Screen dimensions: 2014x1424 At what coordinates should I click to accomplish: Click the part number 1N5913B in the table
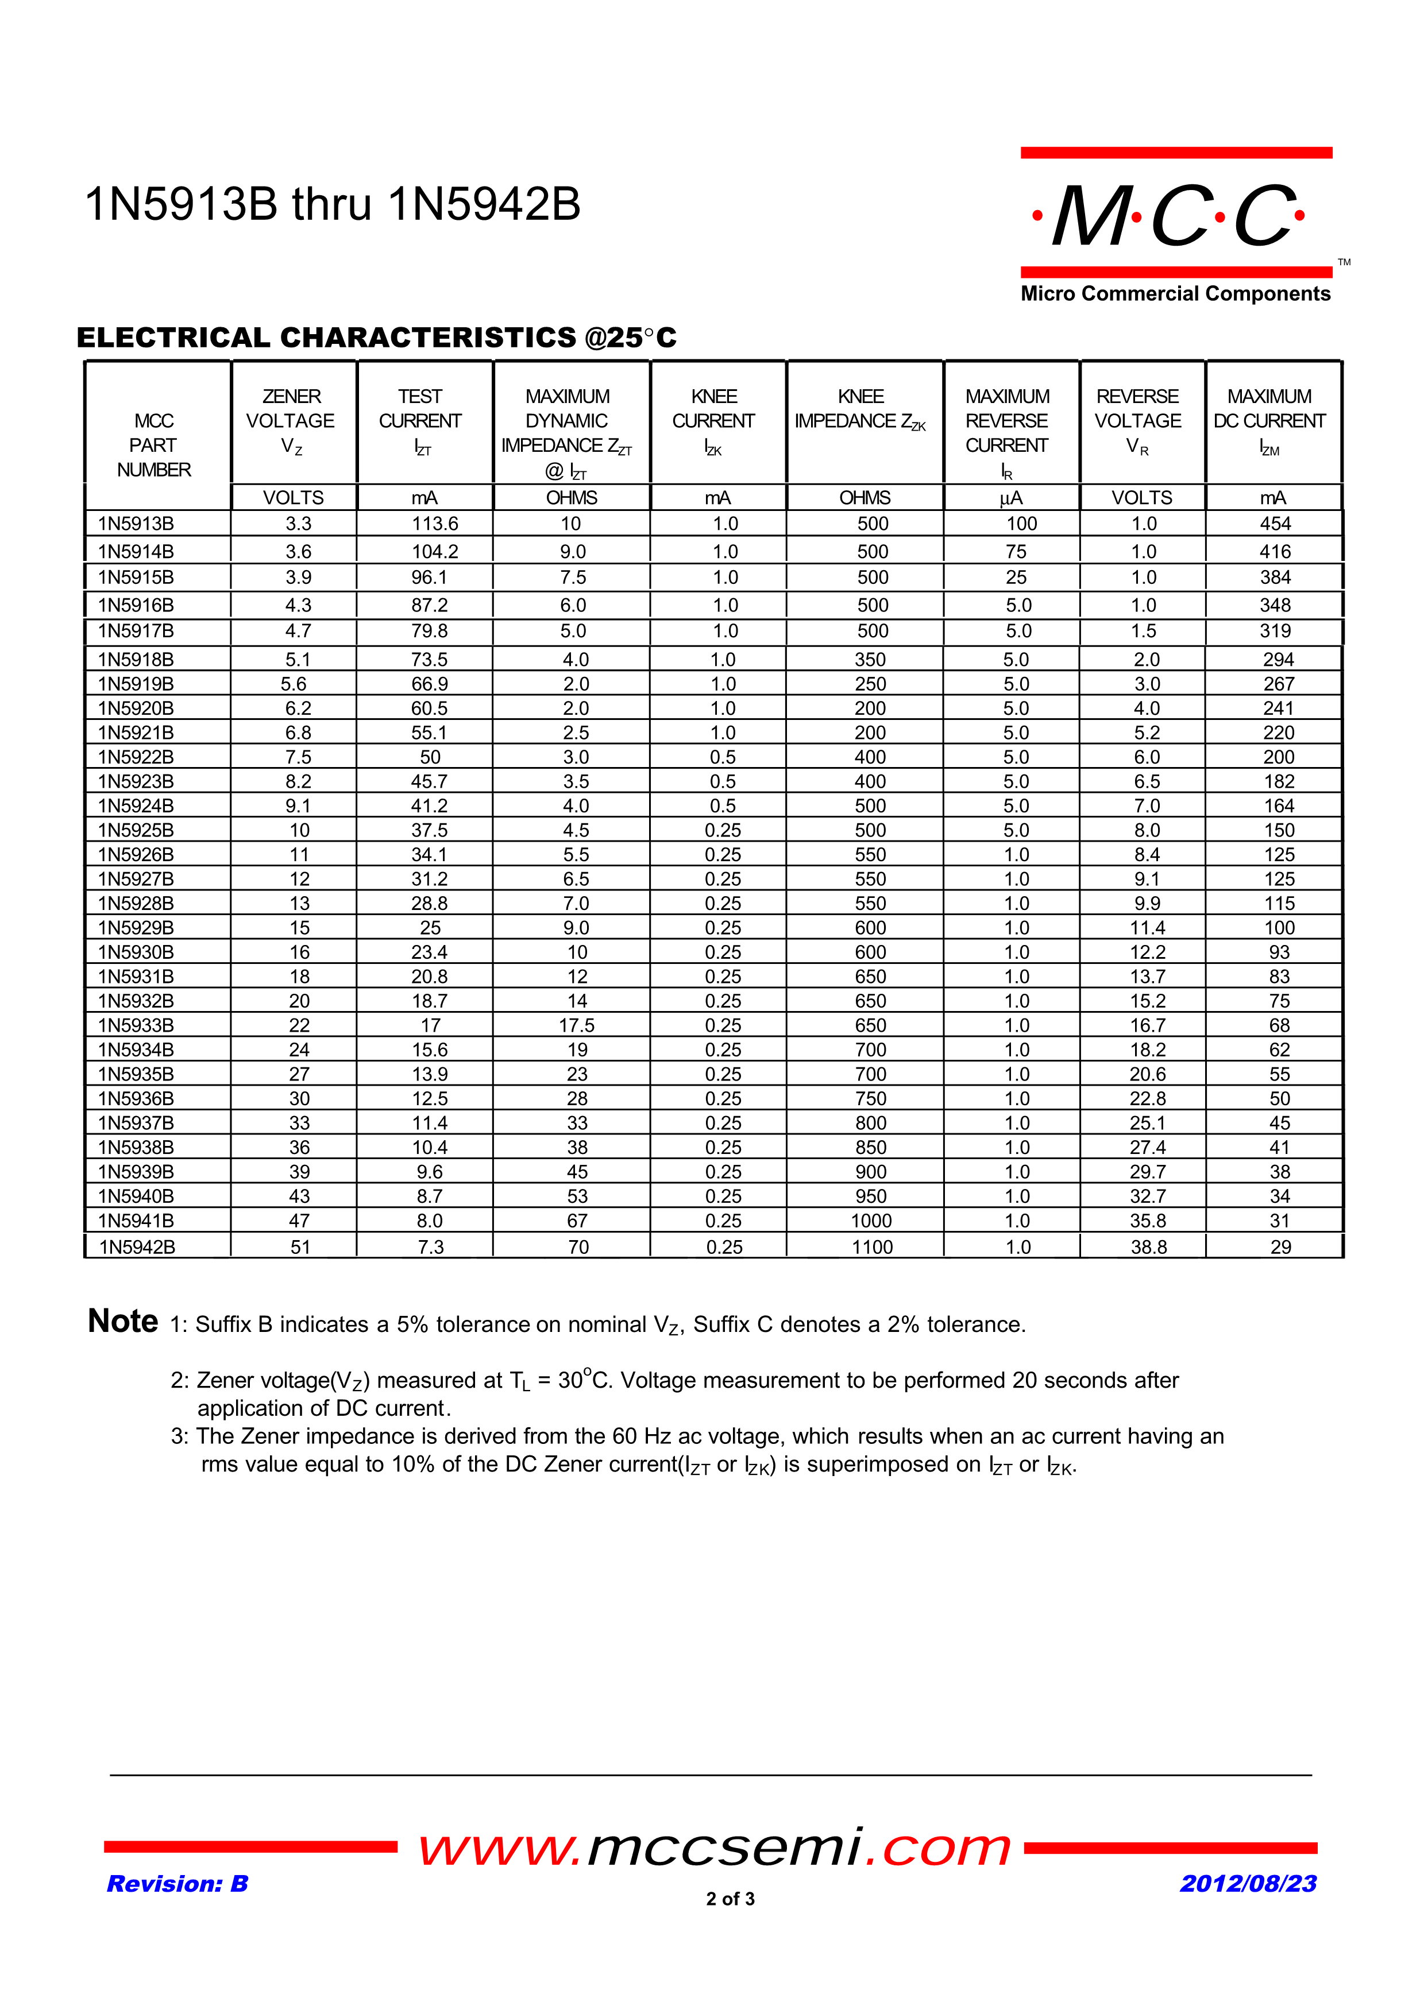pyautogui.click(x=136, y=524)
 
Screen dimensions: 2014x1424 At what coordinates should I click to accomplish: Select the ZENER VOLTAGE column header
pyautogui.click(x=291, y=421)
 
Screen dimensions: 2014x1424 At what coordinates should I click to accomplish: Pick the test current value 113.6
pyautogui.click(x=435, y=524)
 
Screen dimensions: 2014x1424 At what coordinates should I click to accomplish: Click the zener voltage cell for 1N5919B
pyautogui.click(x=294, y=684)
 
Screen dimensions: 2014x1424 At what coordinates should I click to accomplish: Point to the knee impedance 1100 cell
pyautogui.click(x=872, y=1246)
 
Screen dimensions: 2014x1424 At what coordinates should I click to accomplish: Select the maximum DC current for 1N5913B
pyautogui.click(x=1275, y=524)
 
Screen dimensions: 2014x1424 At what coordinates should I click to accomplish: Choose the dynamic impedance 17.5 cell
pyautogui.click(x=577, y=1025)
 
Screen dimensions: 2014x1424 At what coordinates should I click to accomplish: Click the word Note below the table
pyautogui.click(x=123, y=1321)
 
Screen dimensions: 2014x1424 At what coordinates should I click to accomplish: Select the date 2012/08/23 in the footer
pyautogui.click(x=1248, y=1883)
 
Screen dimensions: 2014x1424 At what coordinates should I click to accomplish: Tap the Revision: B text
pyautogui.click(x=177, y=1883)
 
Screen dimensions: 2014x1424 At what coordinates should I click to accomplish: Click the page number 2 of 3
pyautogui.click(x=730, y=1898)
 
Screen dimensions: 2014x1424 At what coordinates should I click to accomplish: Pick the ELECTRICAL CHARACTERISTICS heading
pyautogui.click(x=376, y=338)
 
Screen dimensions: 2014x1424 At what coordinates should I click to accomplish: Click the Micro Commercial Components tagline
pyautogui.click(x=1175, y=294)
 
